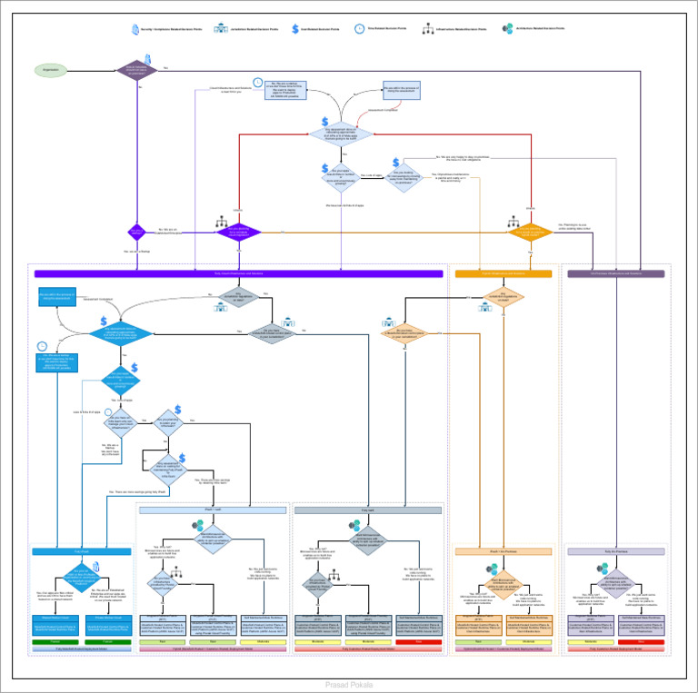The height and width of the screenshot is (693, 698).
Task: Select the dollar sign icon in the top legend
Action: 294,29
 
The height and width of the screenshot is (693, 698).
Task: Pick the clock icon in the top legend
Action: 359,29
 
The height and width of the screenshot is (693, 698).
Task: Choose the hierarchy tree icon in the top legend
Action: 427,29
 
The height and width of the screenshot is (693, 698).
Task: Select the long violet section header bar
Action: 238,273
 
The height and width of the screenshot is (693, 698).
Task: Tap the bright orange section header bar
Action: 504,273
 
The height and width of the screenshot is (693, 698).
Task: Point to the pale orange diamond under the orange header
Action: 509,294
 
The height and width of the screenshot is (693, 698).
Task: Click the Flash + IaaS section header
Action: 214,510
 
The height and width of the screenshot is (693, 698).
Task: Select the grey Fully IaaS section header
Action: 367,510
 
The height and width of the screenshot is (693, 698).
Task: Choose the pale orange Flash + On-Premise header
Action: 504,551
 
